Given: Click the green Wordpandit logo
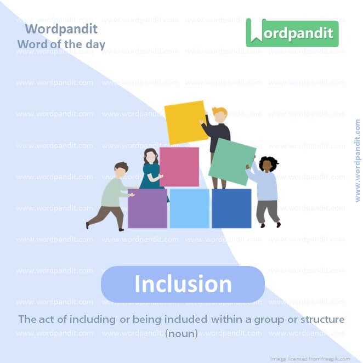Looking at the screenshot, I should [x=292, y=33].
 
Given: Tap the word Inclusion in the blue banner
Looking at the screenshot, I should [x=183, y=284].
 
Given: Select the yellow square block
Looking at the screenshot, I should [x=186, y=122].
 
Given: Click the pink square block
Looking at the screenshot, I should [x=179, y=167].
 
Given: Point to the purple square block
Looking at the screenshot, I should [x=147, y=208].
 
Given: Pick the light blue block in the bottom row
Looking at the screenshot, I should [x=189, y=208].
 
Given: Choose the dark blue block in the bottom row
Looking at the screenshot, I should [x=231, y=208].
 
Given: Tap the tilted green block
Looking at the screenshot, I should [x=232, y=161].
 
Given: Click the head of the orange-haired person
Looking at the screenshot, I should [x=219, y=115].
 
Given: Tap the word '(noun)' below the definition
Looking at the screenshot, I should [x=181, y=333].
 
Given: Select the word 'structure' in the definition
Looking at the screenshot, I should [x=320, y=319].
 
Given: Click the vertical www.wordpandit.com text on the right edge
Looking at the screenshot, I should [x=358, y=160].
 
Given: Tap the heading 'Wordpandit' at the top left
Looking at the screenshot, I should [x=61, y=29].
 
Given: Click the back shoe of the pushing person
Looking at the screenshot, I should [x=88, y=225].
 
